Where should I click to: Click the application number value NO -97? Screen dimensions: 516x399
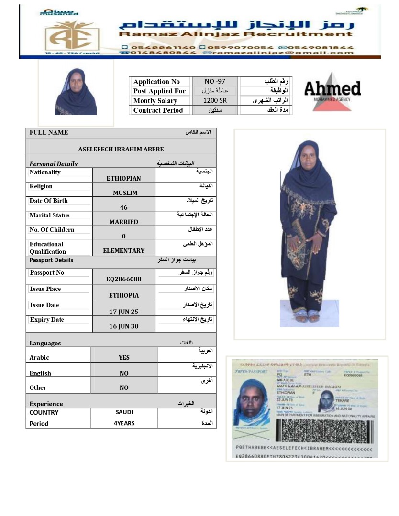tap(215, 82)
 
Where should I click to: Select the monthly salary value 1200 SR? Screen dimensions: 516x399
tap(215, 101)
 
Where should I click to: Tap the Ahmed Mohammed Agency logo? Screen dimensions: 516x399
tap(332, 91)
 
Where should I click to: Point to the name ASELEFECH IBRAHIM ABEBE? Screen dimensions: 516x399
tap(121, 150)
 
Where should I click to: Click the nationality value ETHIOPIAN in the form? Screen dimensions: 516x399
tap(123, 179)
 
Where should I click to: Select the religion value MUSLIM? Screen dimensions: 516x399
tap(125, 193)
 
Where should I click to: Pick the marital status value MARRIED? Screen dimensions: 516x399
tap(123, 222)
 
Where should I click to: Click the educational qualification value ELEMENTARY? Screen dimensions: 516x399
tap(123, 251)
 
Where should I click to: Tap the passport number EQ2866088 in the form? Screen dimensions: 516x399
tap(123, 279)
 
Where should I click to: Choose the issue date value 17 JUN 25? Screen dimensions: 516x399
tap(123, 312)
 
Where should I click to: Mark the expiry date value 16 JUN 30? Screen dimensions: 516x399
tap(123, 326)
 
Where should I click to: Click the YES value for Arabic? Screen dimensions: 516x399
tap(124, 357)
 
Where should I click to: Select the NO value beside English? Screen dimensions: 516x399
tap(124, 373)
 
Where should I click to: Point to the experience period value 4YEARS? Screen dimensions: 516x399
tap(125, 423)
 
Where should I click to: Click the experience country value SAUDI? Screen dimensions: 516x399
tap(124, 412)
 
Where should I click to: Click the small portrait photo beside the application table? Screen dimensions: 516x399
tap(76, 92)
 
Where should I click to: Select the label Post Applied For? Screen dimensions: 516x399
tap(159, 91)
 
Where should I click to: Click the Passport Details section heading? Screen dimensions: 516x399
tap(51, 260)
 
